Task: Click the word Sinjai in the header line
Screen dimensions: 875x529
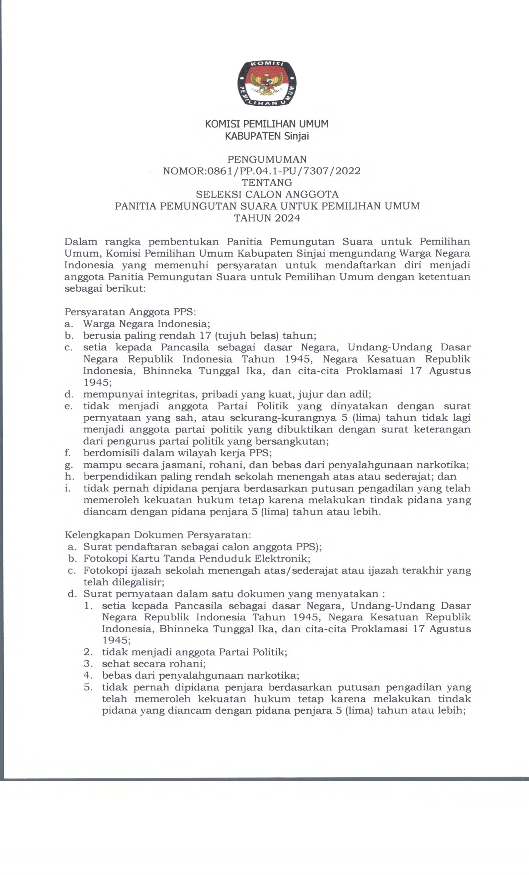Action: pyautogui.click(x=297, y=136)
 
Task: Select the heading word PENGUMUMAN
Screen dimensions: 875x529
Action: pyautogui.click(x=267, y=159)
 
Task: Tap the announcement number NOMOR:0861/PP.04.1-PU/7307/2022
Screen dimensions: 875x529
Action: pyautogui.click(x=262, y=171)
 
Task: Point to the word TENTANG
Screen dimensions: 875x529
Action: pyautogui.click(x=267, y=182)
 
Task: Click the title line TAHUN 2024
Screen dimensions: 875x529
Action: pyautogui.click(x=267, y=217)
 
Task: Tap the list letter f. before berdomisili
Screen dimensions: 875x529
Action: pyautogui.click(x=67, y=452)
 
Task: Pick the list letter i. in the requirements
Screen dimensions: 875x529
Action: pyautogui.click(x=67, y=488)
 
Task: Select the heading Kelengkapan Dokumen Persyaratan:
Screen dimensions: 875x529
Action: pyautogui.click(x=158, y=534)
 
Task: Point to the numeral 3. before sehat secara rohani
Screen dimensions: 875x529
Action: pyautogui.click(x=88, y=664)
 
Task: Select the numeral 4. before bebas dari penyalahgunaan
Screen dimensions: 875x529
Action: pyautogui.click(x=88, y=675)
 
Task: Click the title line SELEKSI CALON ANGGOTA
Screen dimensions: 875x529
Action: pyautogui.click(x=267, y=194)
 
